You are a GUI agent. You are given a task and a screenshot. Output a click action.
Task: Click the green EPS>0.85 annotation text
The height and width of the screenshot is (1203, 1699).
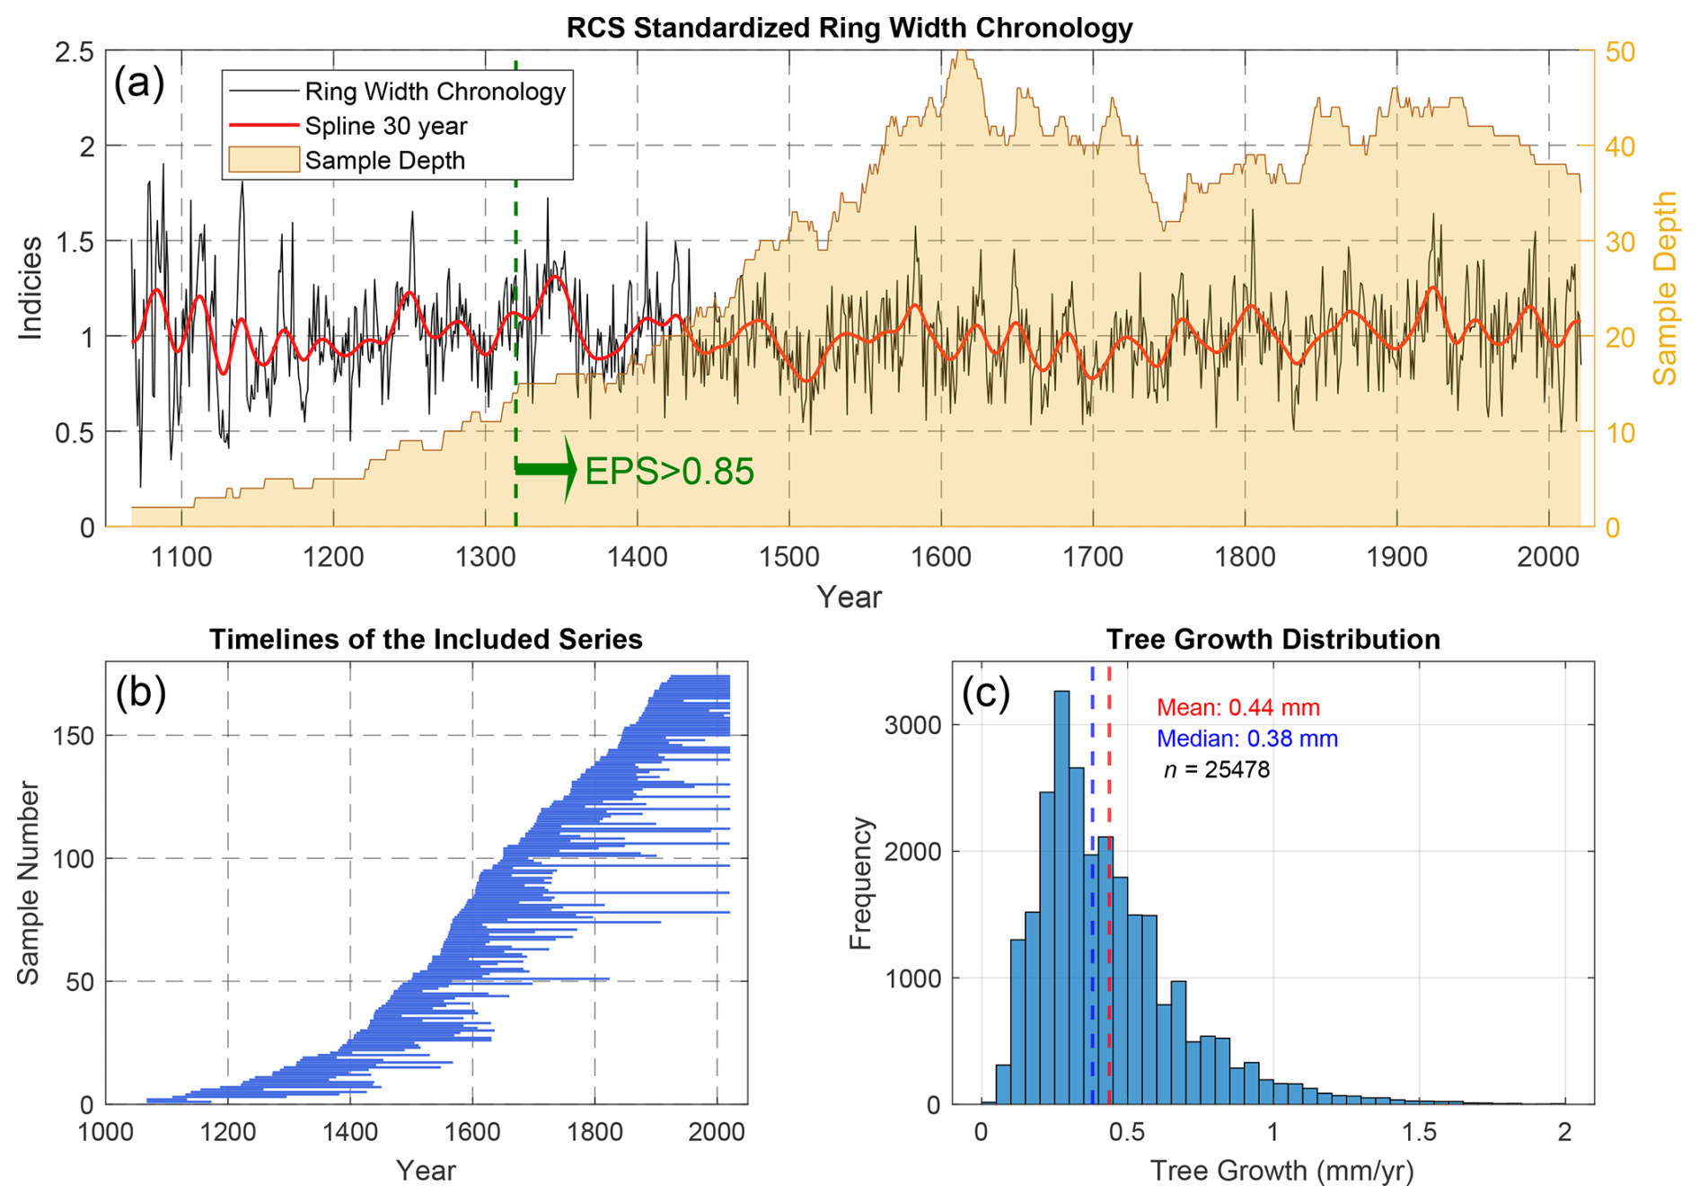669,472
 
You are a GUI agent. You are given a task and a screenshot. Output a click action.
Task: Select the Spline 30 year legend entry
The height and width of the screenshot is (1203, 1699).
385,126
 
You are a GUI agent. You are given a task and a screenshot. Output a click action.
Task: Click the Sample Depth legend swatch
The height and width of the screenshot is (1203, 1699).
264,160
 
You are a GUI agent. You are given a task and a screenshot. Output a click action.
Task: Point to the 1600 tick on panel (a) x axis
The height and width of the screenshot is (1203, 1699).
941,557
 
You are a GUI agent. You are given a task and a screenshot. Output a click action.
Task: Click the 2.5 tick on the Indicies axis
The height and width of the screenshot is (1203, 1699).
75,52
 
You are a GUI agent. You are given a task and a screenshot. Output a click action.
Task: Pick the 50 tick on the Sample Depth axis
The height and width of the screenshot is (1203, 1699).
1620,52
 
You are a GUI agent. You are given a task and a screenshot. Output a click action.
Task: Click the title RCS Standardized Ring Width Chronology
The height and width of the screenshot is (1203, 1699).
849,28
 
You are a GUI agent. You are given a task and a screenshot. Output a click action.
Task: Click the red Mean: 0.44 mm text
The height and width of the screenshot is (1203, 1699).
1237,708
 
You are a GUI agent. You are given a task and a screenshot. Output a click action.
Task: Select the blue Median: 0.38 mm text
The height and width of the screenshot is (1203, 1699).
1246,739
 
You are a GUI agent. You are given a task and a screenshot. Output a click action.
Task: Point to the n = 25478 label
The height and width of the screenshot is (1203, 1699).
1217,770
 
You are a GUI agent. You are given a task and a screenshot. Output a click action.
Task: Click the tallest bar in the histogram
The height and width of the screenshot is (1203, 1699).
1061,898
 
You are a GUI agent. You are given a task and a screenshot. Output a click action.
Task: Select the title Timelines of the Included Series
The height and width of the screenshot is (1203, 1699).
426,639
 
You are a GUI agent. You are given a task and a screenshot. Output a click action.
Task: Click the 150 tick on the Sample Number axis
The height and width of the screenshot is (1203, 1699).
73,736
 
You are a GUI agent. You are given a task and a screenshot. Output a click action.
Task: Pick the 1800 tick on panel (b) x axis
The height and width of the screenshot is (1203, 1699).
594,1132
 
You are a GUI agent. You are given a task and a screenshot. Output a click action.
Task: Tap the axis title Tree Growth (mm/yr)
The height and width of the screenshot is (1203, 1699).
1281,1171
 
